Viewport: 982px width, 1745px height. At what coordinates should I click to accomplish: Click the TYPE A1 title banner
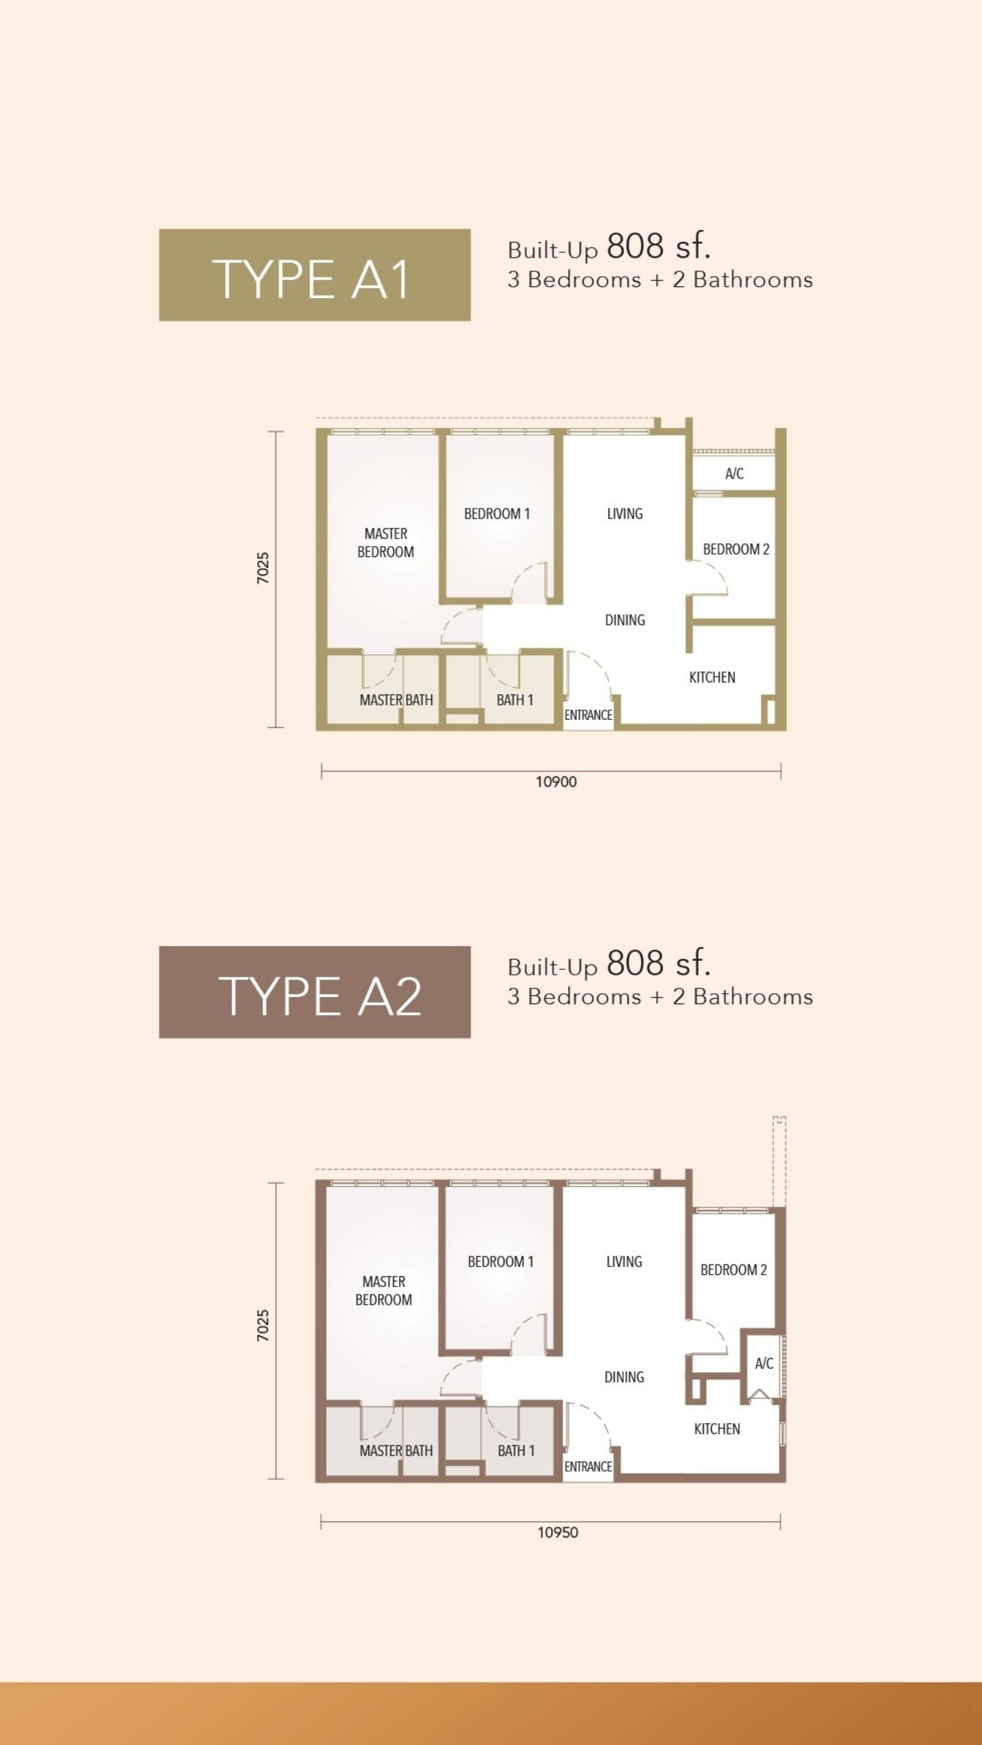coord(314,275)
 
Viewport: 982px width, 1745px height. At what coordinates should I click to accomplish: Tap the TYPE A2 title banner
coord(314,992)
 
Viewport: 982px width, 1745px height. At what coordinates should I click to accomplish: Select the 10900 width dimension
coord(556,782)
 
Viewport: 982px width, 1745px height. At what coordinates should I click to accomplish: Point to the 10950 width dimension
coord(558,1533)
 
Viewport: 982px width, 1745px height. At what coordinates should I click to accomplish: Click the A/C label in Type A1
coord(734,474)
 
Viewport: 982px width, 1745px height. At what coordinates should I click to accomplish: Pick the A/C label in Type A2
coord(764,1363)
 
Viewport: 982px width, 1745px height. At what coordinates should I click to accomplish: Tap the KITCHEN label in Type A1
coord(712,677)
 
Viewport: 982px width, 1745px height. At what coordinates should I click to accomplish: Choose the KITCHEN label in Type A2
coord(717,1429)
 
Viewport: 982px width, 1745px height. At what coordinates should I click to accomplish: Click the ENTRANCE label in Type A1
coord(588,715)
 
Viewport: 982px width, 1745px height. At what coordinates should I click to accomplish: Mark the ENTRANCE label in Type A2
coord(588,1466)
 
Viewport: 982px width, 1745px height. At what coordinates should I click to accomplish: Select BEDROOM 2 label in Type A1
coord(736,549)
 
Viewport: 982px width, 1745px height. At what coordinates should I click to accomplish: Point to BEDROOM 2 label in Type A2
coord(734,1270)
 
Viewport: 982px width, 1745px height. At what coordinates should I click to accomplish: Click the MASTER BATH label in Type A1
coord(396,700)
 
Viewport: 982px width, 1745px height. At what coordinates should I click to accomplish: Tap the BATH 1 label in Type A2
coord(516,1451)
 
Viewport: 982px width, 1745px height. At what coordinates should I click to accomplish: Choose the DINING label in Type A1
coord(625,620)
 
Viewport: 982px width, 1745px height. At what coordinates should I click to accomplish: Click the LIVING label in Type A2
coord(624,1262)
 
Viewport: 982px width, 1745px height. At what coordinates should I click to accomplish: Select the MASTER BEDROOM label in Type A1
coord(386,543)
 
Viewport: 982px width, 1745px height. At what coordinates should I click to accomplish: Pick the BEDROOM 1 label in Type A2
coord(501,1262)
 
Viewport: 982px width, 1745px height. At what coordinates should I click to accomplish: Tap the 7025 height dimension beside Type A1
coord(263,568)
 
